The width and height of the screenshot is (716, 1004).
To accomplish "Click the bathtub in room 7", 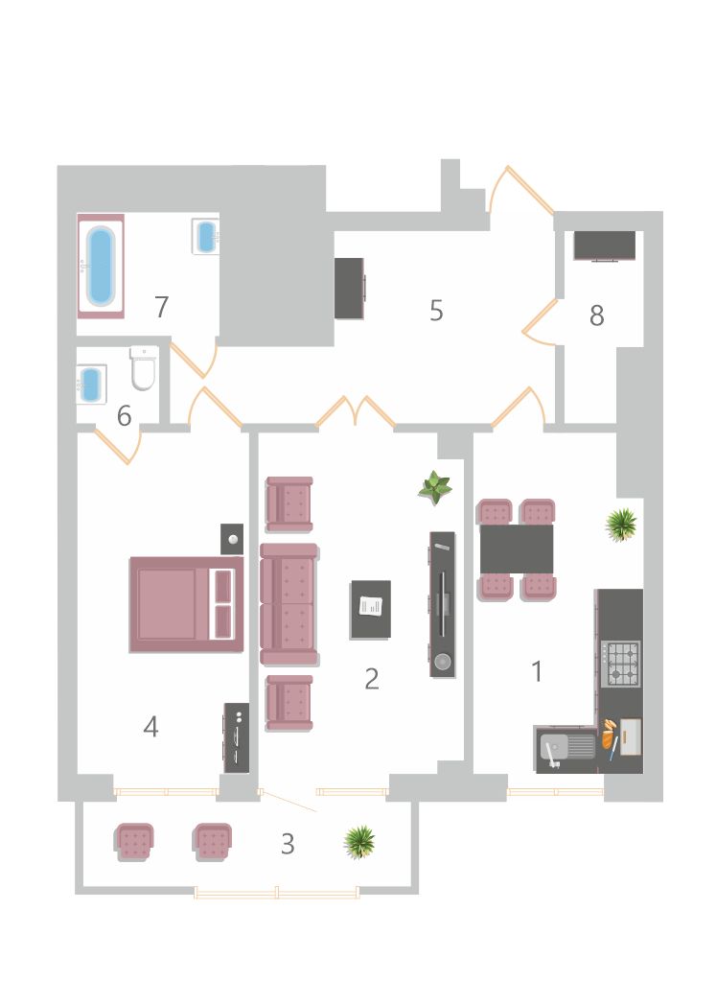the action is pyautogui.click(x=101, y=266).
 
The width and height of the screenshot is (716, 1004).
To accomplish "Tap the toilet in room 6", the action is pyautogui.click(x=144, y=368).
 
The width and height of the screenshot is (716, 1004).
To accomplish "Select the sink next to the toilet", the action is pyautogui.click(x=91, y=385).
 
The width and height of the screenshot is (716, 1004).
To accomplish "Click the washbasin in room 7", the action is pyautogui.click(x=205, y=236).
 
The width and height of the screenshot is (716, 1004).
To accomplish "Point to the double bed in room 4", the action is pyautogui.click(x=187, y=604).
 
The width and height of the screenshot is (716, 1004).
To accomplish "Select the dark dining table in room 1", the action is pyautogui.click(x=517, y=549).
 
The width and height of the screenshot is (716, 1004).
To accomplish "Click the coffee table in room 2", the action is pyautogui.click(x=371, y=610).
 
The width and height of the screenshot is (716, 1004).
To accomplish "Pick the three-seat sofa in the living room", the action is pyautogui.click(x=289, y=604).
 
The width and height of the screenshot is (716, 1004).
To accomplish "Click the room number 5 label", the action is pyautogui.click(x=436, y=311).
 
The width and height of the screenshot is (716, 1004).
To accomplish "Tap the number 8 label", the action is pyautogui.click(x=596, y=315).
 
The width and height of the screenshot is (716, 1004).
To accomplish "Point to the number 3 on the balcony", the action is pyautogui.click(x=288, y=844).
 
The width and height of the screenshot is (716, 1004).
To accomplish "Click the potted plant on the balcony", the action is pyautogui.click(x=359, y=842).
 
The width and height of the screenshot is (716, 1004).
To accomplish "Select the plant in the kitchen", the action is pyautogui.click(x=621, y=525).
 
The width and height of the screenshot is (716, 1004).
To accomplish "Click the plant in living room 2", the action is pyautogui.click(x=435, y=488).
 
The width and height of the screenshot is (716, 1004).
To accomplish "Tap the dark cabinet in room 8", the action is pyautogui.click(x=605, y=245).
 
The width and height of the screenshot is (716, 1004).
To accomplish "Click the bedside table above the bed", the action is pyautogui.click(x=232, y=539).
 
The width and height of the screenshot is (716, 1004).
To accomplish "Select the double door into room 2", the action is pyautogui.click(x=356, y=412).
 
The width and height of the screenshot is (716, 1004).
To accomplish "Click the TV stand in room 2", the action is pyautogui.click(x=443, y=604).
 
